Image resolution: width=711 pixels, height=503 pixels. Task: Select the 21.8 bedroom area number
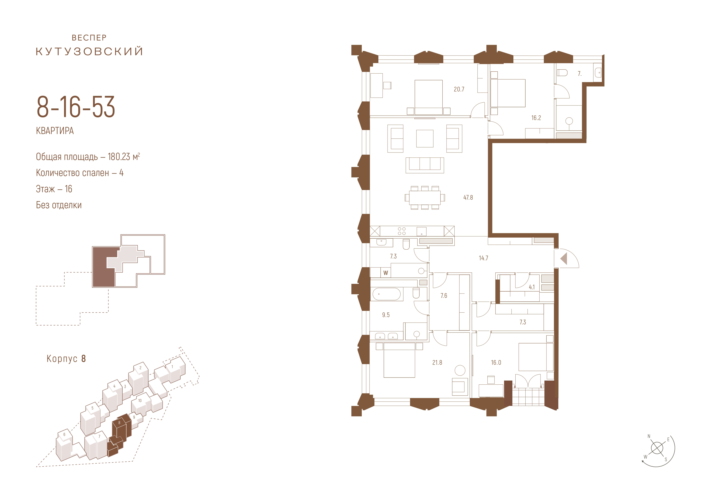point(437,362)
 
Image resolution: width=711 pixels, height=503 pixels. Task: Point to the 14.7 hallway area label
point(483,258)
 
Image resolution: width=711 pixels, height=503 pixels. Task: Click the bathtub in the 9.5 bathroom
point(387,294)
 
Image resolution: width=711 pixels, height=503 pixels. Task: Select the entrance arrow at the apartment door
point(564,259)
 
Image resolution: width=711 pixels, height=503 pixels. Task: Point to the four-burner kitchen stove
point(402,231)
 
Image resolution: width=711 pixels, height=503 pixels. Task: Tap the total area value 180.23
point(119,157)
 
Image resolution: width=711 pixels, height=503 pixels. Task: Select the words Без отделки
point(59,205)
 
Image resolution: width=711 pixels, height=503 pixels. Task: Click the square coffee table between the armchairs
point(425,138)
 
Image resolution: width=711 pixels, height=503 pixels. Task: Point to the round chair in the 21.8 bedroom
point(460,370)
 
